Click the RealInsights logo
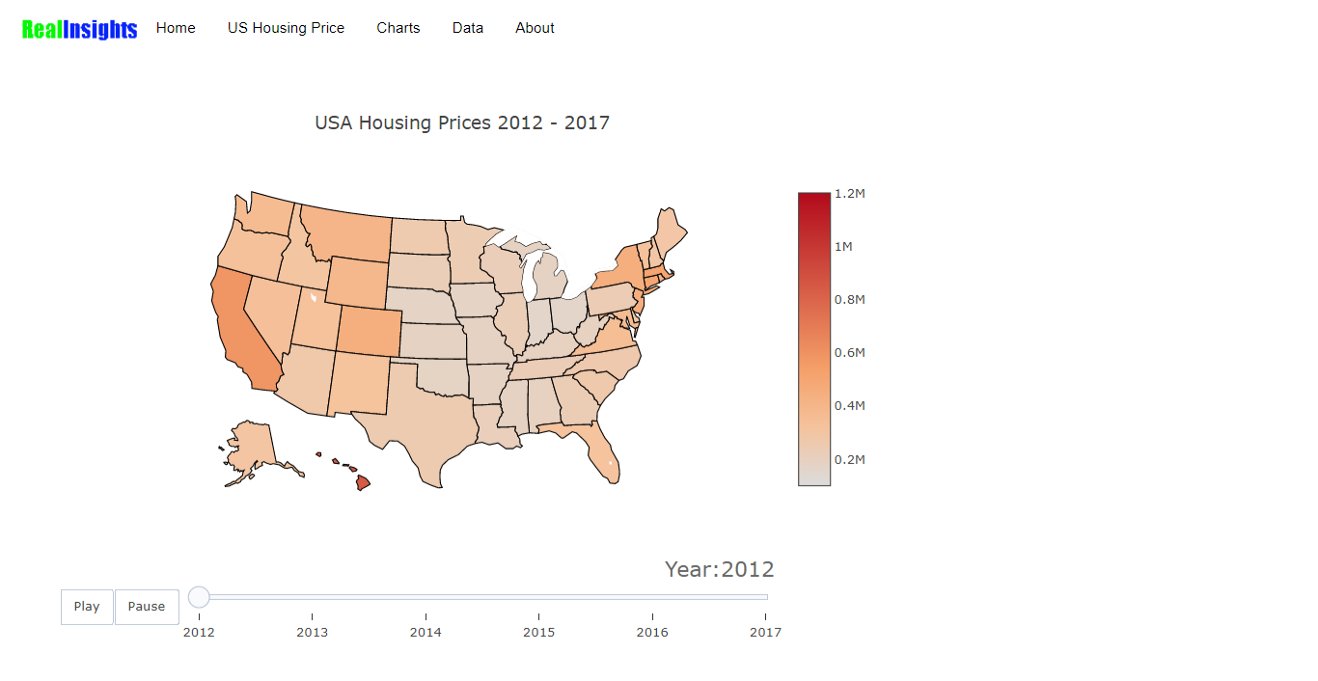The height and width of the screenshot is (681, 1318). coord(79,30)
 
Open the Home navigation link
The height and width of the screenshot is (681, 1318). coord(176,28)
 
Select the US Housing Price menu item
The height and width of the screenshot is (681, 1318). coord(286,28)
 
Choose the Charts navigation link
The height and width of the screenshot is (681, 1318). coord(398,28)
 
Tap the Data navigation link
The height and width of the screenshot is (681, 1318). coord(468,28)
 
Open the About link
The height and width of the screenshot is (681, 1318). coord(535,28)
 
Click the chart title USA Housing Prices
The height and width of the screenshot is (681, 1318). coord(462,123)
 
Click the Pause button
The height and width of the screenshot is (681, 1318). coord(147,607)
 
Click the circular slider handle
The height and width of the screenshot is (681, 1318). coord(199,597)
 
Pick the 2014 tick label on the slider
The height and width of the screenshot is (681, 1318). coord(426,633)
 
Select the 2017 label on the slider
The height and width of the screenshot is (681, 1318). coord(766,633)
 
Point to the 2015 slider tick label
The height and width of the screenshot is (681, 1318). coord(538,633)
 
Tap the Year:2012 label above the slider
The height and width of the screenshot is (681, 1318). coord(719,569)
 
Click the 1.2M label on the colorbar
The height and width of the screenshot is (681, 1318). coord(850,194)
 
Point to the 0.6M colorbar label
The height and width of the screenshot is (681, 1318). coord(850,353)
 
